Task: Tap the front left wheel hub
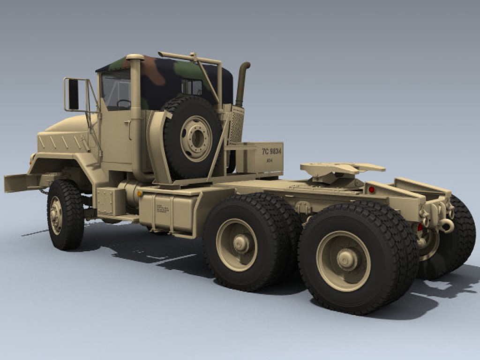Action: [56, 215]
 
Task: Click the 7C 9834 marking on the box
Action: [271, 151]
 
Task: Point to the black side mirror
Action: [73, 94]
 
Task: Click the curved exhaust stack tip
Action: [245, 66]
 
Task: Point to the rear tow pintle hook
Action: [446, 225]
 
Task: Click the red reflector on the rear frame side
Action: [372, 190]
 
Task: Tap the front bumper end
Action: [14, 183]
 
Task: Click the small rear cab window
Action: [192, 87]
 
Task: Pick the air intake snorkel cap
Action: [135, 57]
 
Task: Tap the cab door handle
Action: [128, 124]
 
